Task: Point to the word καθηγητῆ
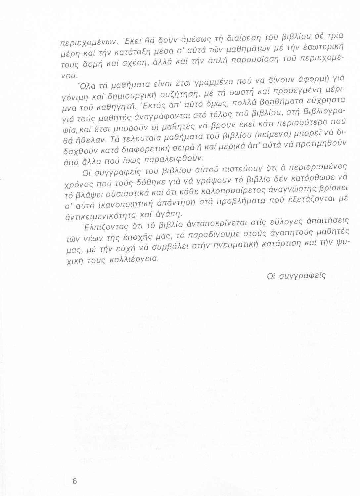point(102,108)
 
